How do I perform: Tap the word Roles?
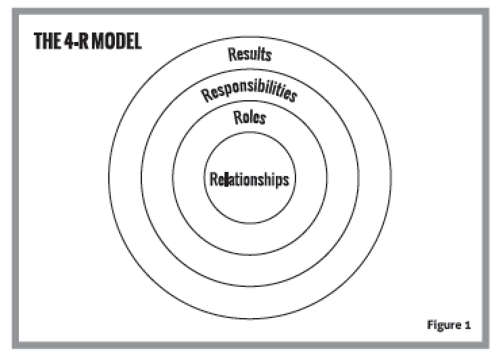[249, 117]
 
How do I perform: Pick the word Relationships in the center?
[249, 180]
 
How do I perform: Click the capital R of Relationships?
[213, 180]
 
